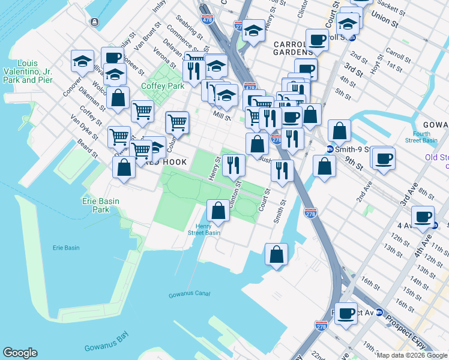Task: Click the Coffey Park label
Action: [162, 86]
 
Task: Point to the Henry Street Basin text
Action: [204, 229]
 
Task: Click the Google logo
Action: [20, 353]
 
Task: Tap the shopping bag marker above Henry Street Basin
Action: [218, 210]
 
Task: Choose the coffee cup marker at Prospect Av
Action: [346, 313]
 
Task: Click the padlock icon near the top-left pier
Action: [95, 22]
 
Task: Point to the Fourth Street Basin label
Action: [430, 137]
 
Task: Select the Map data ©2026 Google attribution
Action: [412, 355]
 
